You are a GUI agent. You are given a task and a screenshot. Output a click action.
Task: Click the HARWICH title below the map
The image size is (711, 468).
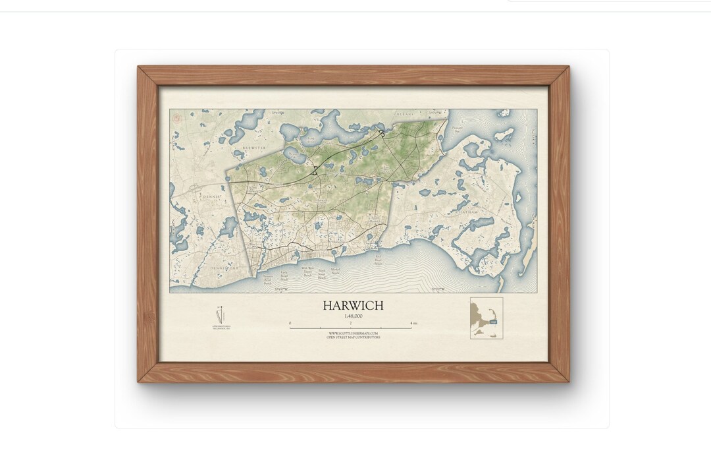point(352,306)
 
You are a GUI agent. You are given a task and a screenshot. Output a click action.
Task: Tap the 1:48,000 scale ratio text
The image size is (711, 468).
point(352,316)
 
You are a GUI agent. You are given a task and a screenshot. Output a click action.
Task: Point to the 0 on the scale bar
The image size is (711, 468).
point(290,323)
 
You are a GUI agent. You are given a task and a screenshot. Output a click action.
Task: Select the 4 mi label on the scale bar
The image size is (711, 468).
point(413,323)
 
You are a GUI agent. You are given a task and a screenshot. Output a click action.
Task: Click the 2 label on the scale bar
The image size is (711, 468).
point(350,323)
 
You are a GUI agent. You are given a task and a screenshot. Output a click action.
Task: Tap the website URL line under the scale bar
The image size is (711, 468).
point(354,334)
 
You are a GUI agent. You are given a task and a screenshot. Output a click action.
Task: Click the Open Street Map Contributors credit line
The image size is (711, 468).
point(354,337)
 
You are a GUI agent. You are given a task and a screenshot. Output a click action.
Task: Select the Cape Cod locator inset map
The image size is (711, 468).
point(487,318)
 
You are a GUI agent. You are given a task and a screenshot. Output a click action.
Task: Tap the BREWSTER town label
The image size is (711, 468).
point(253,149)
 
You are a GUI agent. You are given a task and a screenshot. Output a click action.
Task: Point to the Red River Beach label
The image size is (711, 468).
point(378,260)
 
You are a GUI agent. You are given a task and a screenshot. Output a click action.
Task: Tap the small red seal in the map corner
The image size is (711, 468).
point(176,117)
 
